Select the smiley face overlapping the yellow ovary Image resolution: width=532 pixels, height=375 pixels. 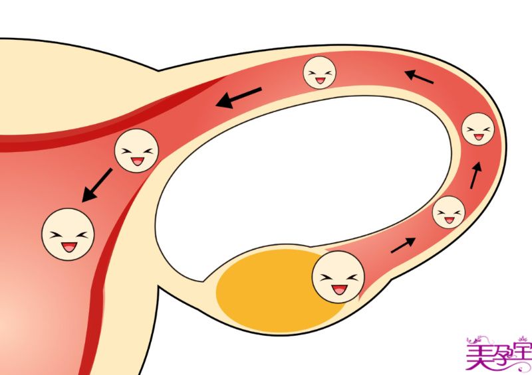click(x=338, y=277)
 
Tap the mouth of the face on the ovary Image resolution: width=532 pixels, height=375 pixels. click(x=339, y=289)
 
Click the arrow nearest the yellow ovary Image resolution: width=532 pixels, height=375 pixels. click(x=403, y=246)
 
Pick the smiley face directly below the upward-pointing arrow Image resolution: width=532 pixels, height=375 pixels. click(x=448, y=212)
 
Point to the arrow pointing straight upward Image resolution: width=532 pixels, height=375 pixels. click(x=475, y=175)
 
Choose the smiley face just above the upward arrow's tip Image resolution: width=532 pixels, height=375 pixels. click(x=478, y=129)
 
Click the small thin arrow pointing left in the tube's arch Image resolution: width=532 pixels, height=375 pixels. click(x=419, y=76)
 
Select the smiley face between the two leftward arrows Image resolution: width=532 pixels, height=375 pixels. click(x=320, y=72)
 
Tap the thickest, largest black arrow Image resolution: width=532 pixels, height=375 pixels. click(x=239, y=98)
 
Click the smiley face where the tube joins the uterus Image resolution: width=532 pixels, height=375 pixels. click(x=136, y=151)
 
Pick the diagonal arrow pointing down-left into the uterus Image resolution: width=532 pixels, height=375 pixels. click(x=97, y=185)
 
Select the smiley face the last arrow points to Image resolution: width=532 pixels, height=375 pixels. click(x=68, y=234)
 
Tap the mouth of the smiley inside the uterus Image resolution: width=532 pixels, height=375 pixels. click(x=69, y=247)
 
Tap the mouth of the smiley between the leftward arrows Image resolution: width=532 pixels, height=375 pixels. click(x=320, y=80)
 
